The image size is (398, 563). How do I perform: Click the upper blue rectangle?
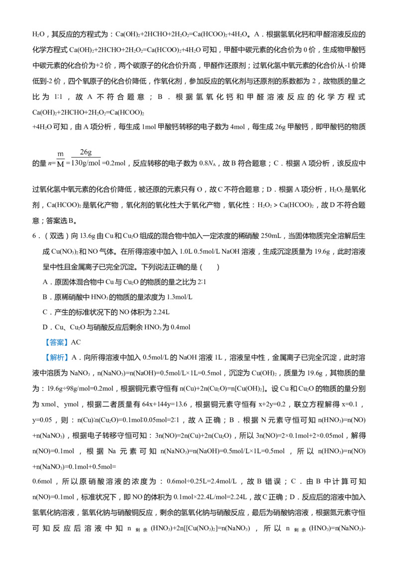56,342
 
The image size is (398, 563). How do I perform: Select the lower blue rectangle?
56,357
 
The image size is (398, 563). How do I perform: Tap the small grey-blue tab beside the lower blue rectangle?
70,356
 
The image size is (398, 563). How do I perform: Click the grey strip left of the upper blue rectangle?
45,342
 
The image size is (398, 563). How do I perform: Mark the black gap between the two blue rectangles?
56,348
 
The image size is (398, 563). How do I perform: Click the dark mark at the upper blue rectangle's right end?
65,342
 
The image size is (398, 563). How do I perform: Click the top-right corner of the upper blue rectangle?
67,339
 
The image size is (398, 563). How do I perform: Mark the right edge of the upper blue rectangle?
67,342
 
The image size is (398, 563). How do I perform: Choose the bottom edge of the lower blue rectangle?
56,362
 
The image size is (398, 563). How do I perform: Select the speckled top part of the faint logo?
86,151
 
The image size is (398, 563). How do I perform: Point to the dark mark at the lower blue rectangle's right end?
65,357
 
